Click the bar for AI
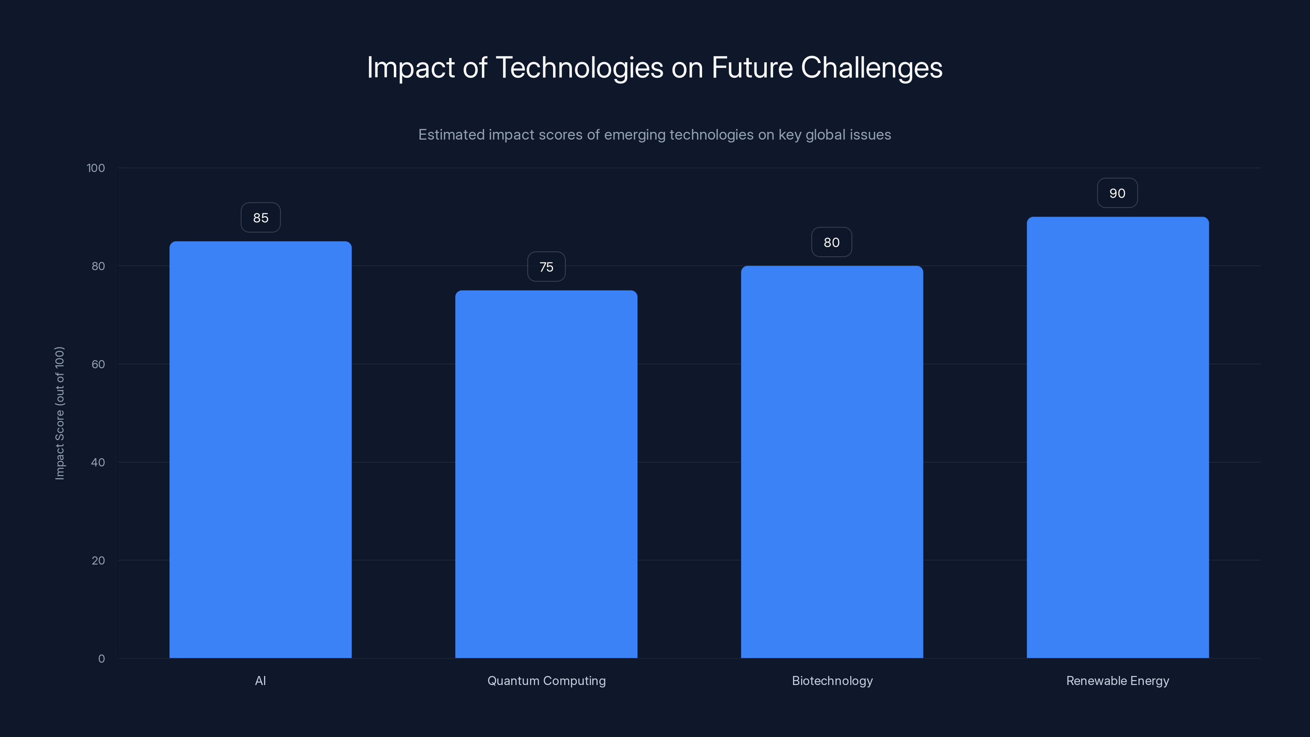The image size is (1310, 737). pyautogui.click(x=260, y=450)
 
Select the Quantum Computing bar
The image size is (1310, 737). pyautogui.click(x=546, y=474)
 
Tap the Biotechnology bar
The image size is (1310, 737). pyautogui.click(x=832, y=462)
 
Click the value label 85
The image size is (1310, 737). pyautogui.click(x=260, y=218)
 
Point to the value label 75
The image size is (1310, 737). pyautogui.click(x=546, y=267)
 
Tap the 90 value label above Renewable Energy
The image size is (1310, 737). pyautogui.click(x=1117, y=193)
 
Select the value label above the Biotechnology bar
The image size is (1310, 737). pyautogui.click(x=831, y=243)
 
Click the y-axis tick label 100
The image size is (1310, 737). pyautogui.click(x=96, y=168)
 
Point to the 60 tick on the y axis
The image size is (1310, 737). pyautogui.click(x=98, y=364)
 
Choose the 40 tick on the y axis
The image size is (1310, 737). pyautogui.click(x=98, y=462)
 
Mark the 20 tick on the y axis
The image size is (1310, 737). pyautogui.click(x=98, y=561)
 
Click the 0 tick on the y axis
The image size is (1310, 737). pyautogui.click(x=102, y=659)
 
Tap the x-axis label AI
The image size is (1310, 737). pyautogui.click(x=260, y=680)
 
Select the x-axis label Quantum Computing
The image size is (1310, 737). pyautogui.click(x=547, y=680)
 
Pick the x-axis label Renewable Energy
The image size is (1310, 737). pyautogui.click(x=1118, y=680)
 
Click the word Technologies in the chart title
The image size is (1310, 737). pyautogui.click(x=579, y=68)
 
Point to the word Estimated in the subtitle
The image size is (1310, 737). pyautogui.click(x=451, y=135)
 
